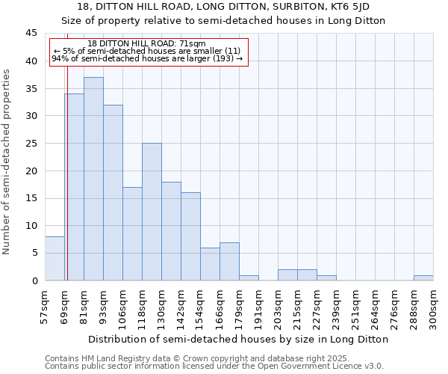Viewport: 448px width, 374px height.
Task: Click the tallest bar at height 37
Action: (x=93, y=179)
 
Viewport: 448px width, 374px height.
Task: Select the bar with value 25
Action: (x=152, y=212)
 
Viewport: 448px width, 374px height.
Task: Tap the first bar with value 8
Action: (x=55, y=259)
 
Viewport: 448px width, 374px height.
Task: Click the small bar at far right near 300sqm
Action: (x=423, y=278)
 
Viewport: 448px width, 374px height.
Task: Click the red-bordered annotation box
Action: (x=147, y=52)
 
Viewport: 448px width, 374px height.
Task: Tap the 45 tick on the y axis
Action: (x=31, y=34)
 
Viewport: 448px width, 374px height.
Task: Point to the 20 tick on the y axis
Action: (x=31, y=171)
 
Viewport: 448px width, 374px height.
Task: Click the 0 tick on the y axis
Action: (x=34, y=280)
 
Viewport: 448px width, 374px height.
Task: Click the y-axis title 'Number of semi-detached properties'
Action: (x=7, y=162)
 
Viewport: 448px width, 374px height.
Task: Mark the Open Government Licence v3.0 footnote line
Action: (x=214, y=367)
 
